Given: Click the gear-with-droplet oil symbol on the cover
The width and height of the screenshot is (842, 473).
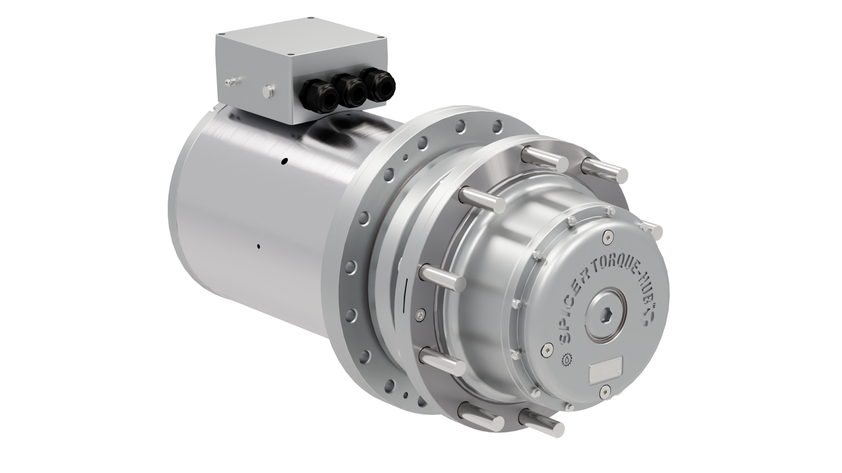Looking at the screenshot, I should [x=567, y=360].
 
